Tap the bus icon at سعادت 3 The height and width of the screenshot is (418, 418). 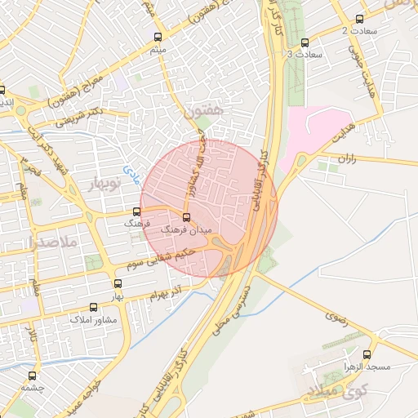point(305,42)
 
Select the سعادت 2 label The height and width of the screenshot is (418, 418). point(356,30)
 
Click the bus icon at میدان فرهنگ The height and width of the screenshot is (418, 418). point(187,217)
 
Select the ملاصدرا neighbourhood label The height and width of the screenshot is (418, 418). point(51,242)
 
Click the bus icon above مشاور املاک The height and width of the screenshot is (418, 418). point(93,308)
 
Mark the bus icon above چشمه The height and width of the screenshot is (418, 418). point(33,376)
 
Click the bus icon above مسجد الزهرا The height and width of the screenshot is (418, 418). point(367,355)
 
